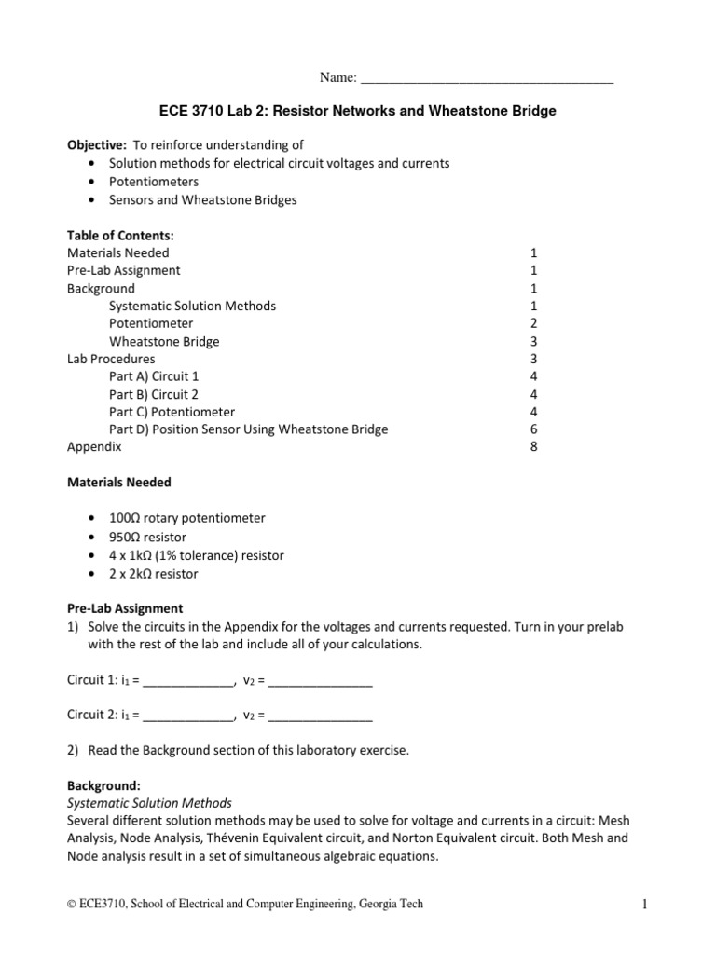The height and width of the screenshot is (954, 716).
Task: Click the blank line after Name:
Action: point(486,79)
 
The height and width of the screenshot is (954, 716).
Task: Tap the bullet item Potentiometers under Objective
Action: point(154,182)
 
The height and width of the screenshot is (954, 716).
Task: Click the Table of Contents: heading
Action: point(120,235)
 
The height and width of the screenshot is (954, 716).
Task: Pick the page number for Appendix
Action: point(533,447)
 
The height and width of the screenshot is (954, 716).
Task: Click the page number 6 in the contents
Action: point(533,429)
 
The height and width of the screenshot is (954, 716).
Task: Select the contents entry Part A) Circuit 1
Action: point(154,376)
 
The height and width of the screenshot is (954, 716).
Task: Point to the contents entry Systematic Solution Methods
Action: point(192,306)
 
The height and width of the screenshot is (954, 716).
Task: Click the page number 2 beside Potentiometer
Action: point(533,323)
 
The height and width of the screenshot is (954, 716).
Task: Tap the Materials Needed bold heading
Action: point(119,483)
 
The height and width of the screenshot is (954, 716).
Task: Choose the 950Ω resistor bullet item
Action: point(147,538)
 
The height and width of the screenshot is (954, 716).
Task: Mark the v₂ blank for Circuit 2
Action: point(320,717)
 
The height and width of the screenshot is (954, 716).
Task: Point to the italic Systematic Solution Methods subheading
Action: point(149,803)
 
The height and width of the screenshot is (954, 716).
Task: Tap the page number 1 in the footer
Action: point(643,904)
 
